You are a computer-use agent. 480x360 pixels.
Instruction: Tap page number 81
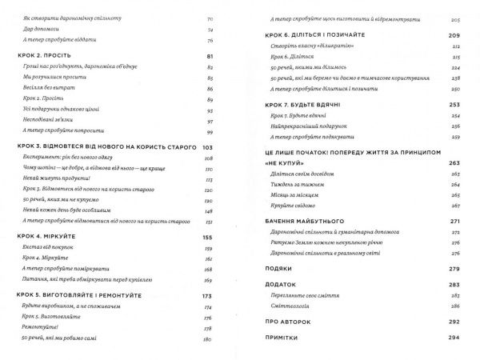click(211, 57)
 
